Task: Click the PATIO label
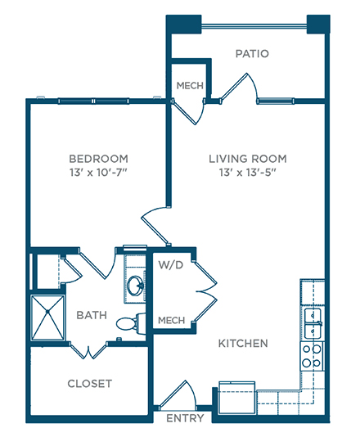click(252, 53)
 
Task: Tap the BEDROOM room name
click(98, 159)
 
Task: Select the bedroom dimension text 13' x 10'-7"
click(98, 173)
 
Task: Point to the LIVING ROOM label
click(248, 159)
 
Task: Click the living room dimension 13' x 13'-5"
click(248, 173)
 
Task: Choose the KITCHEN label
click(243, 344)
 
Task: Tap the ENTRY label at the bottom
click(185, 418)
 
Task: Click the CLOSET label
click(89, 384)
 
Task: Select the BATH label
click(92, 315)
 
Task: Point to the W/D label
click(171, 265)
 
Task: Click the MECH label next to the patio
click(190, 85)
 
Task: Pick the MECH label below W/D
click(172, 320)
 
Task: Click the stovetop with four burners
click(312, 356)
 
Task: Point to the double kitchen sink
click(313, 323)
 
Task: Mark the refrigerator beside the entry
click(237, 398)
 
